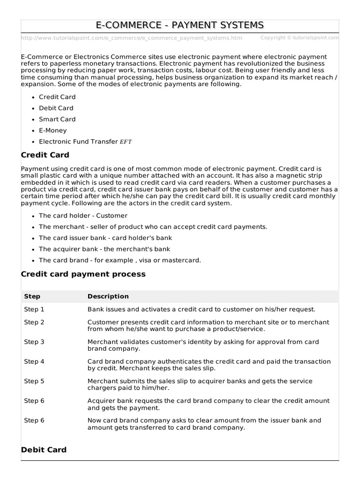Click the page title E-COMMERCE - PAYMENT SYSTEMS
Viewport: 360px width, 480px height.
pos(180,25)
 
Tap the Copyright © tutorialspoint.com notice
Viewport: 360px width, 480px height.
pos(299,37)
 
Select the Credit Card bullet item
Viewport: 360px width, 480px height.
pos(57,97)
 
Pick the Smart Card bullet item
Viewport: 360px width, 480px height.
pos(57,119)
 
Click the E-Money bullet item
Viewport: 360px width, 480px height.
pos(53,130)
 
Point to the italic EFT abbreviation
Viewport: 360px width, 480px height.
pos(126,142)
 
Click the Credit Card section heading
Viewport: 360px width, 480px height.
pos(45,155)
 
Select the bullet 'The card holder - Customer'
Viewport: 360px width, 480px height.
pos(83,216)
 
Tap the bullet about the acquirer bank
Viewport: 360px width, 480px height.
pos(105,249)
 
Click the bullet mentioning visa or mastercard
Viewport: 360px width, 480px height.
pos(120,260)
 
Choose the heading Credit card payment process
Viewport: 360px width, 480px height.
pos(83,274)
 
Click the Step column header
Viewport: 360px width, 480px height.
pos(32,296)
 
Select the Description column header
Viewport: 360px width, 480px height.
pos(108,296)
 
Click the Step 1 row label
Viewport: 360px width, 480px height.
pos(34,309)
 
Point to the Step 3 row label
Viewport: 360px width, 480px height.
pos(34,342)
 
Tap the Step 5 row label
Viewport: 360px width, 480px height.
pos(34,381)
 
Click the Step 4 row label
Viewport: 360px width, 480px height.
pos(34,361)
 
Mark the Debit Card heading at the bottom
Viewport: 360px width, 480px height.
pos(44,450)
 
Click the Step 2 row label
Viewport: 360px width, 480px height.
pos(34,322)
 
